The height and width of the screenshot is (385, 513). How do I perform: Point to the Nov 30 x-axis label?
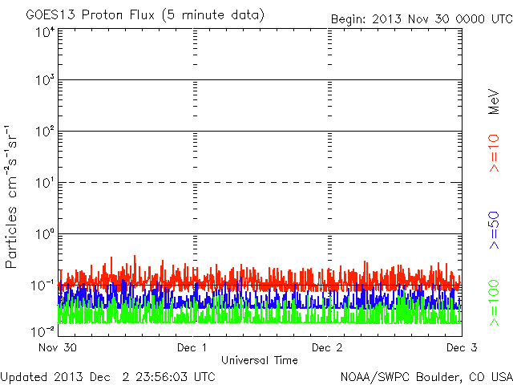click(x=57, y=348)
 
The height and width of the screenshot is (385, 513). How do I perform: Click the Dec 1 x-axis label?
click(x=192, y=348)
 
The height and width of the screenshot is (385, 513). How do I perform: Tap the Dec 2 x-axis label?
click(x=327, y=348)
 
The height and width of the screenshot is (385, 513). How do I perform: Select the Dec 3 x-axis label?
click(x=461, y=348)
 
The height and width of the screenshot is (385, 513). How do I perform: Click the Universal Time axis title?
click(x=260, y=360)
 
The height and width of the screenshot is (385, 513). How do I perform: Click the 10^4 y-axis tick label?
click(x=44, y=31)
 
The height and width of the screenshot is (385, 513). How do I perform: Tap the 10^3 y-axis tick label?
click(x=44, y=81)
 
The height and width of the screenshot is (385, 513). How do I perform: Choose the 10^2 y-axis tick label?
click(x=44, y=132)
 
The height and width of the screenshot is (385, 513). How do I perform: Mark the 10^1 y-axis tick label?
click(x=44, y=184)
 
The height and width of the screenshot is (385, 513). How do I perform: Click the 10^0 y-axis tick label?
click(x=44, y=235)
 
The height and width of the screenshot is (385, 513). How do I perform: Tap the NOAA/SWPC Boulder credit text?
click(x=426, y=376)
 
